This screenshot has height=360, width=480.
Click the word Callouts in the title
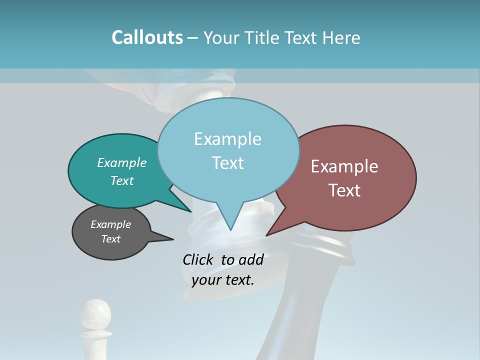pyautogui.click(x=147, y=37)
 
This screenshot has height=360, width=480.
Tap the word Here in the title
pyautogui.click(x=341, y=37)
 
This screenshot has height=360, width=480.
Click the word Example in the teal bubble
pyautogui.click(x=122, y=162)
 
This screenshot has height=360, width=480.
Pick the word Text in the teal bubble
pyautogui.click(x=122, y=180)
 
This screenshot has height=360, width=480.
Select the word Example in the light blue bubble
pyautogui.click(x=227, y=139)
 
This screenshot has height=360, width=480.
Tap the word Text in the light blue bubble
pyautogui.click(x=227, y=163)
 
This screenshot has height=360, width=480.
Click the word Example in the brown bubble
pyautogui.click(x=344, y=166)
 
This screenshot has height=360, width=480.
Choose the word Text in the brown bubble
pyautogui.click(x=344, y=190)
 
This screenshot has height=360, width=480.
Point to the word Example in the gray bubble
pyautogui.click(x=111, y=224)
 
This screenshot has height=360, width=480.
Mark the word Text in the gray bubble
pyautogui.click(x=111, y=239)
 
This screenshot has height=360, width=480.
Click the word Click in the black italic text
pyautogui.click(x=197, y=259)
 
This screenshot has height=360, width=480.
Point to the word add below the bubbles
pyautogui.click(x=251, y=259)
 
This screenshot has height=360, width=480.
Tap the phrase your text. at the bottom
pyautogui.click(x=223, y=280)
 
